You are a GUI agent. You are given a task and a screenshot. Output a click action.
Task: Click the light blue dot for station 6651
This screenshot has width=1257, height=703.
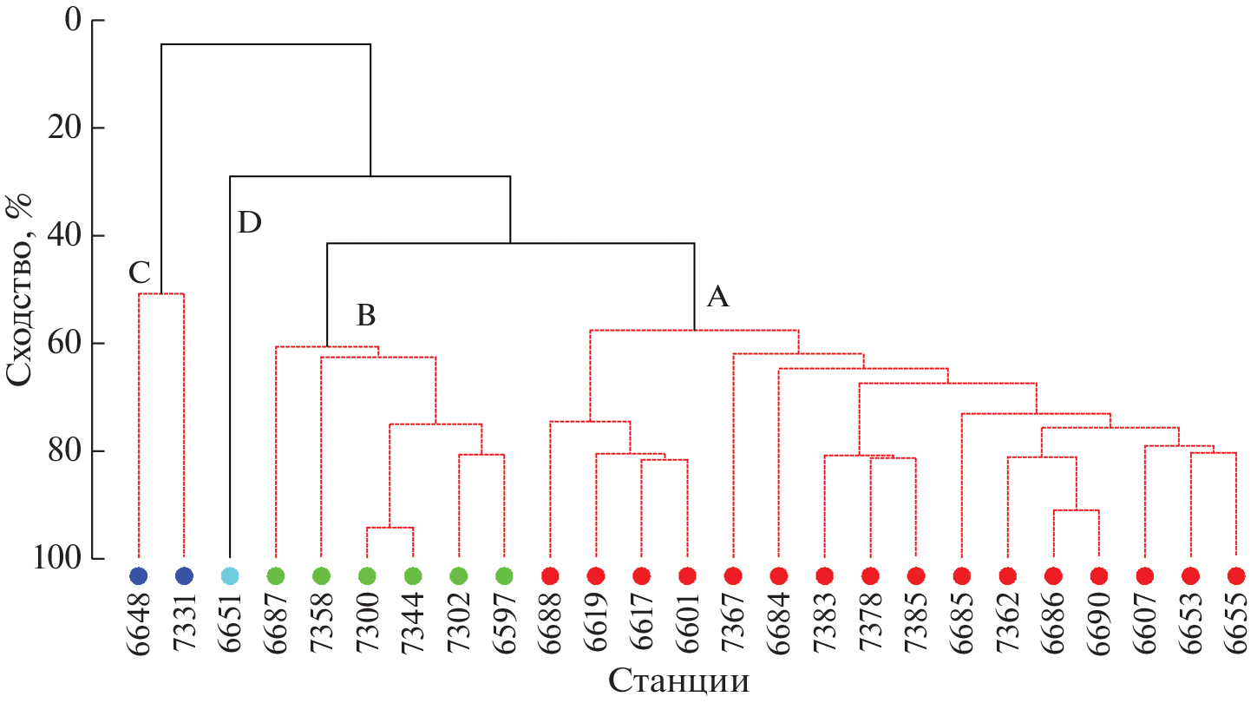(x=229, y=575)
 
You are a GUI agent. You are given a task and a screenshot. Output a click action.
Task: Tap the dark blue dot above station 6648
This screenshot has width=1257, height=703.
(x=138, y=575)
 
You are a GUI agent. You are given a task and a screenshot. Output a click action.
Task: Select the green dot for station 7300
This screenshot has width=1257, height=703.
(x=366, y=575)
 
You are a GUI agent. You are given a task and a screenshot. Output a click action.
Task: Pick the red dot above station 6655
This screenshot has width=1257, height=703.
(x=1236, y=575)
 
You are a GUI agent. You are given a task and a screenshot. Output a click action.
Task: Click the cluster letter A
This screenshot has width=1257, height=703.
(x=717, y=298)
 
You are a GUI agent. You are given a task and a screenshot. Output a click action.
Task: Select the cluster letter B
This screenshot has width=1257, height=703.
(x=366, y=317)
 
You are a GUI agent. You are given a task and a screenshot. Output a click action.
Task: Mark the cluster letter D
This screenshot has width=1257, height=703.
(x=249, y=223)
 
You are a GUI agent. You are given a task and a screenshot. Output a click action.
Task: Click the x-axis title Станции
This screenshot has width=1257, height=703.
(x=678, y=680)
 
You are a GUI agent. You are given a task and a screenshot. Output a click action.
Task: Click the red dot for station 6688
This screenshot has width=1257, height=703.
(x=549, y=575)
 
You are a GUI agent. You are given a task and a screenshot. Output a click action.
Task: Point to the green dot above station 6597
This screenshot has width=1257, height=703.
(x=504, y=575)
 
